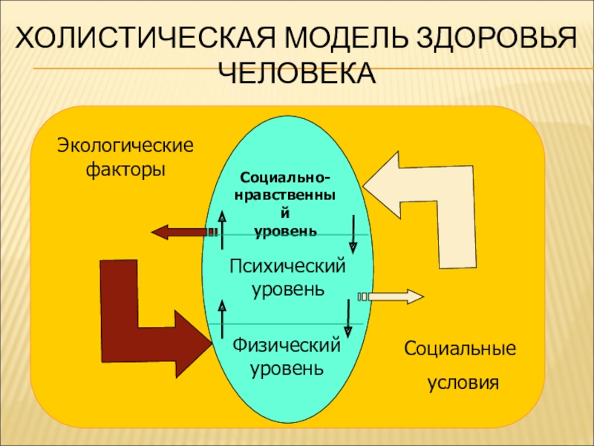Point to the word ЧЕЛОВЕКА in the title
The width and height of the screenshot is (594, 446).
[x=297, y=73]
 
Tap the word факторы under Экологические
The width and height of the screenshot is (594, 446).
[x=125, y=170]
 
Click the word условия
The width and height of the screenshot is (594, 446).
[x=462, y=384]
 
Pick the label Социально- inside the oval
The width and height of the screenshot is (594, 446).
[x=286, y=179]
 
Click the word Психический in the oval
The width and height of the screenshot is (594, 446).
[x=287, y=266]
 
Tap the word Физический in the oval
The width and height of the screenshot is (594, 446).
[x=287, y=346]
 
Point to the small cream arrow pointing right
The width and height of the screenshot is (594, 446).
[x=394, y=297]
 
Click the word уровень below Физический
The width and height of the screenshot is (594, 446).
[x=287, y=368]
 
